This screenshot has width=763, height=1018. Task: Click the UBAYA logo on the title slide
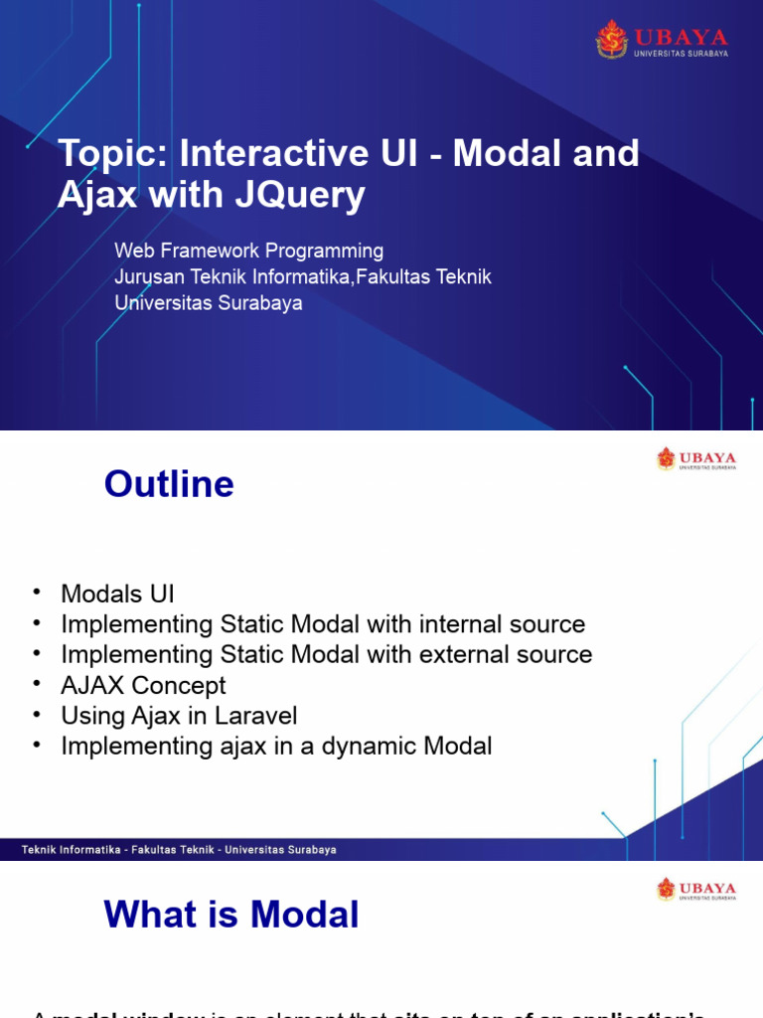click(x=661, y=39)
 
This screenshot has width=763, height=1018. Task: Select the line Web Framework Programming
click(x=248, y=251)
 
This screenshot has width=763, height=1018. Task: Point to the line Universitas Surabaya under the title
click(x=209, y=303)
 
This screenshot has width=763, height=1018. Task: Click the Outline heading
click(x=169, y=484)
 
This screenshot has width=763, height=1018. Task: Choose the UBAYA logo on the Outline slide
click(x=695, y=459)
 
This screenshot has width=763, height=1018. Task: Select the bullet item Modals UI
click(x=117, y=594)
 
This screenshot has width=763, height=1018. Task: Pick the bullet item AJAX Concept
click(x=143, y=685)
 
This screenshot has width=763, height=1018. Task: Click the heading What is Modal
click(x=231, y=915)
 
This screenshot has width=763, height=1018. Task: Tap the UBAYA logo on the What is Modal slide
click(x=695, y=889)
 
